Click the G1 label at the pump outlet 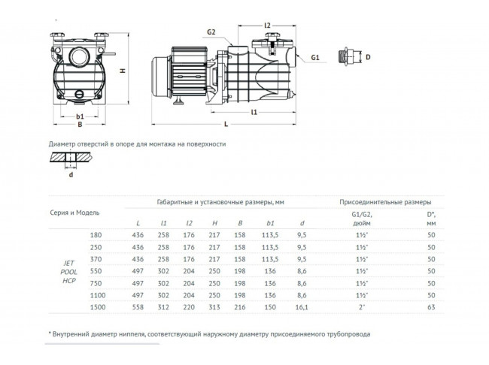point(315,56)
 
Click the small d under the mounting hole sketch point(70,176)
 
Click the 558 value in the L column point(138,307)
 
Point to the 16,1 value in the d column point(302,307)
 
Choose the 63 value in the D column point(431,307)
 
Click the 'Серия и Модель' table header point(75,213)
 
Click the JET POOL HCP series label point(68,271)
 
